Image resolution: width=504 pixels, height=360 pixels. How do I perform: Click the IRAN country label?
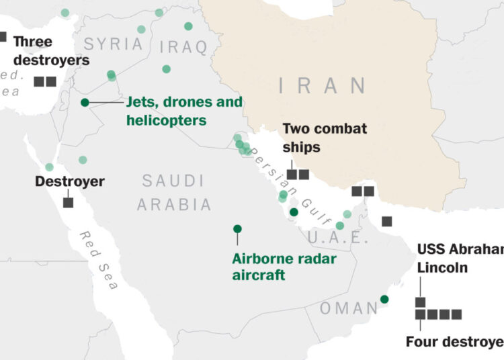tap(323, 86)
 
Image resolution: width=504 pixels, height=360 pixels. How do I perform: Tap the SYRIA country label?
tap(113, 44)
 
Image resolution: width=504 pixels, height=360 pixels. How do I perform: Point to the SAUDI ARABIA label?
tap(173, 192)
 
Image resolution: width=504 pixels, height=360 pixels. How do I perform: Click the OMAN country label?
tap(349, 308)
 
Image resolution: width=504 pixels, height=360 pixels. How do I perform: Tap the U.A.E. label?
tap(338, 238)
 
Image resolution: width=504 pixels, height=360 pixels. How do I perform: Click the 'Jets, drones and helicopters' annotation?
tap(184, 111)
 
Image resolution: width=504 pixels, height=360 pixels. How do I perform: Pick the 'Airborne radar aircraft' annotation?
tap(284, 266)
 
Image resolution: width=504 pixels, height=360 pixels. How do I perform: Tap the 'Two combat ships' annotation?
tap(325, 137)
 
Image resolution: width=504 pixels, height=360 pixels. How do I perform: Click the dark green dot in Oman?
tap(384, 299)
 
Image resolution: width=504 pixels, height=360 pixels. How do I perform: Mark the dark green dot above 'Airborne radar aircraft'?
tap(237, 229)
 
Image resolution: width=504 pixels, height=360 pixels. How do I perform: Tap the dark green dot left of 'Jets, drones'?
tap(85, 102)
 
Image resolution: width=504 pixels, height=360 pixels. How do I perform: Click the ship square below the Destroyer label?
tap(68, 202)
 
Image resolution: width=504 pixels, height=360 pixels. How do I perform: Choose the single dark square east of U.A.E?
tap(386, 221)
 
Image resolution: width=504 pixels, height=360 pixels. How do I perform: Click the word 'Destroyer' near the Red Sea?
tap(70, 181)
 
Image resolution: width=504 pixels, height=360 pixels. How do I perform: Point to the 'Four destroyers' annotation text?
tap(454, 342)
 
